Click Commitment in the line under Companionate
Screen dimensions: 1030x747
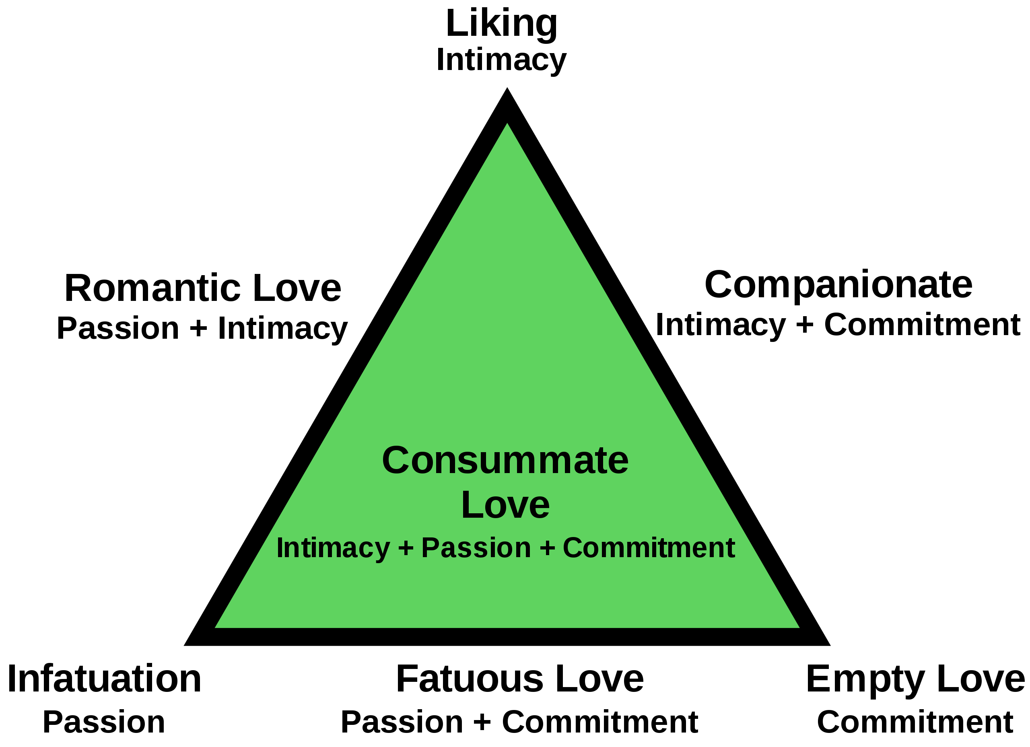[922, 325]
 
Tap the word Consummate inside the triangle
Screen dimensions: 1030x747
[505, 461]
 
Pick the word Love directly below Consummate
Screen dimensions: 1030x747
[505, 505]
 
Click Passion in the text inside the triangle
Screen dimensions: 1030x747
[476, 548]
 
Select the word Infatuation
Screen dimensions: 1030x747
[104, 679]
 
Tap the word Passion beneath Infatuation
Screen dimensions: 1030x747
[104, 722]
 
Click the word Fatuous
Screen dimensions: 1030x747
[470, 679]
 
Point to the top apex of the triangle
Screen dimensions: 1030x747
[507, 88]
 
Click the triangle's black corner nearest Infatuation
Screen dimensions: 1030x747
[184, 645]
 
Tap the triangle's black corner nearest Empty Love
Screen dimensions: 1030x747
[830, 645]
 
